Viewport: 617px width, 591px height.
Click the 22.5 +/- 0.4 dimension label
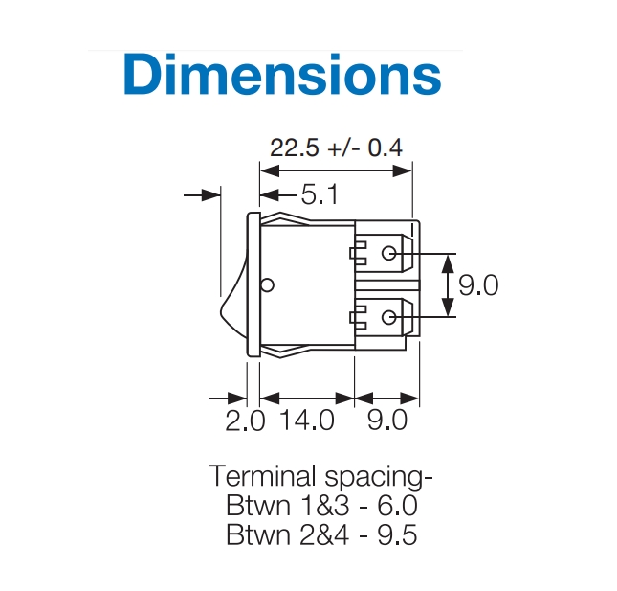(x=336, y=148)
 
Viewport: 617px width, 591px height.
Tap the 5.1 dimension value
(x=320, y=195)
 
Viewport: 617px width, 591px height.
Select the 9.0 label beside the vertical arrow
(x=478, y=284)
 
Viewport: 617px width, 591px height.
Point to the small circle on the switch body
(x=268, y=284)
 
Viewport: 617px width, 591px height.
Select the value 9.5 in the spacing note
(x=396, y=534)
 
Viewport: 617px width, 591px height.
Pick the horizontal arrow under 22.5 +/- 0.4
(x=336, y=171)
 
